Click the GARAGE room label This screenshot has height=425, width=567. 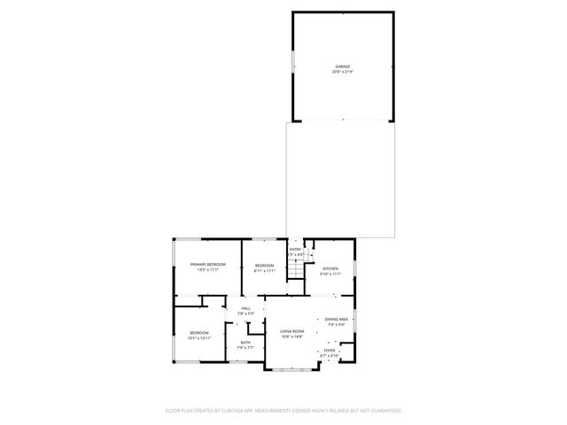click(x=342, y=66)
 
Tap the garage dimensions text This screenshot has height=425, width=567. click(x=342, y=72)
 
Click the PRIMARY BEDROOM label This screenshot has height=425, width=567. click(x=208, y=265)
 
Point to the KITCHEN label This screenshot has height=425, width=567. click(x=330, y=268)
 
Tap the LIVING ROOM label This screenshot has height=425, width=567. click(x=291, y=331)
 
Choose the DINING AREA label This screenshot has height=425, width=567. click(x=336, y=319)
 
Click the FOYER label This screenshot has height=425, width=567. click(x=330, y=350)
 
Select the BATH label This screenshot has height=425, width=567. click(x=245, y=342)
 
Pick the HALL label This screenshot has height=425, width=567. click(x=245, y=308)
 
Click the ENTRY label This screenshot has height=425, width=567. click(x=295, y=250)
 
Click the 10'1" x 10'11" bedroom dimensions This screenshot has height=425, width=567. click(x=198, y=337)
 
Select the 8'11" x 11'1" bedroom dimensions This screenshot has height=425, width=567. click(x=265, y=271)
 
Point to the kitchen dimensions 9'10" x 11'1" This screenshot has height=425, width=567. click(x=330, y=274)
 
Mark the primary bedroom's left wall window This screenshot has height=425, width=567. click(x=174, y=267)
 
